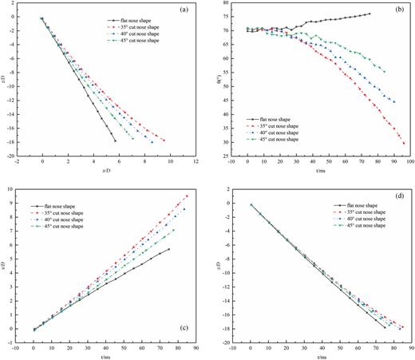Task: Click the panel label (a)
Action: click(183, 11)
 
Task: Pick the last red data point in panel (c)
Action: click(187, 196)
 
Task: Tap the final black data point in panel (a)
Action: click(115, 140)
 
